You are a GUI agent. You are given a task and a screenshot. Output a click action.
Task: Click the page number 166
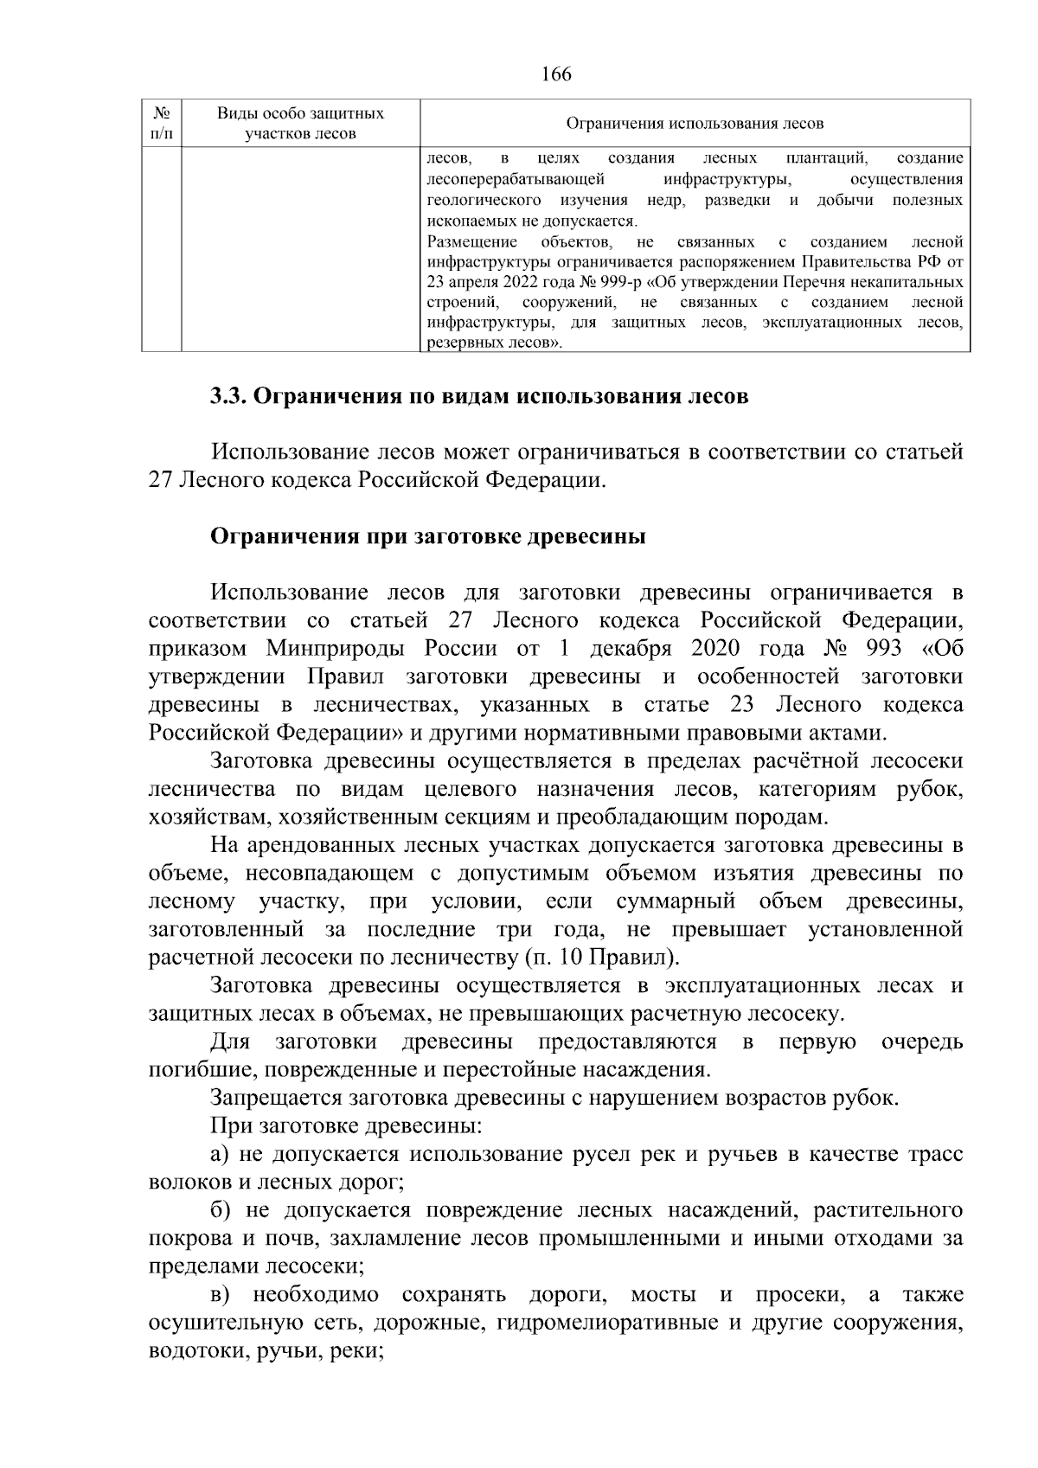556,74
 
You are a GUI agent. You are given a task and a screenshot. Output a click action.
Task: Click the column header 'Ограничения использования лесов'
695,124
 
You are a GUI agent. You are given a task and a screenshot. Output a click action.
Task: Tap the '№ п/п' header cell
161,124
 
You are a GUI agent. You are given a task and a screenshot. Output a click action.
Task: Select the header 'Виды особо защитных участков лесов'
300,124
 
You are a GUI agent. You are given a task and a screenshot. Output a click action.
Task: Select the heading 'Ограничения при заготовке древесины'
429,536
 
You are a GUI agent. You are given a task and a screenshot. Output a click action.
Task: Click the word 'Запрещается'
275,1098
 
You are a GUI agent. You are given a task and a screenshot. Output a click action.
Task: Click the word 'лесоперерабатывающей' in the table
516,180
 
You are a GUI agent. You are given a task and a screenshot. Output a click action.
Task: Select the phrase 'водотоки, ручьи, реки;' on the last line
266,1351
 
